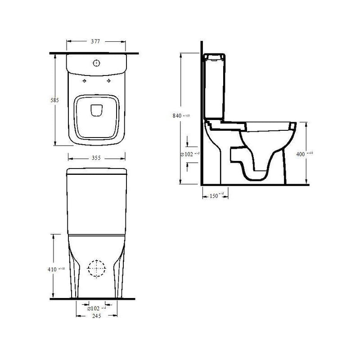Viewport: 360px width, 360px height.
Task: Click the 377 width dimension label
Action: [x=94, y=41]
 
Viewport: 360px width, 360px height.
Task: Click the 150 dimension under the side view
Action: [x=214, y=196]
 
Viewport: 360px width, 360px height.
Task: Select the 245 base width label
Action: [x=94, y=316]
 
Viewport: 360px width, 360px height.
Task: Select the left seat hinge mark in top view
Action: [x=84, y=81]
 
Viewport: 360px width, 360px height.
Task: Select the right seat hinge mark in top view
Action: [x=108, y=81]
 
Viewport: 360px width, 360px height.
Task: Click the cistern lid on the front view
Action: [x=95, y=171]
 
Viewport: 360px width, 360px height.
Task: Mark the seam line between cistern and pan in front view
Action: [x=95, y=234]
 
